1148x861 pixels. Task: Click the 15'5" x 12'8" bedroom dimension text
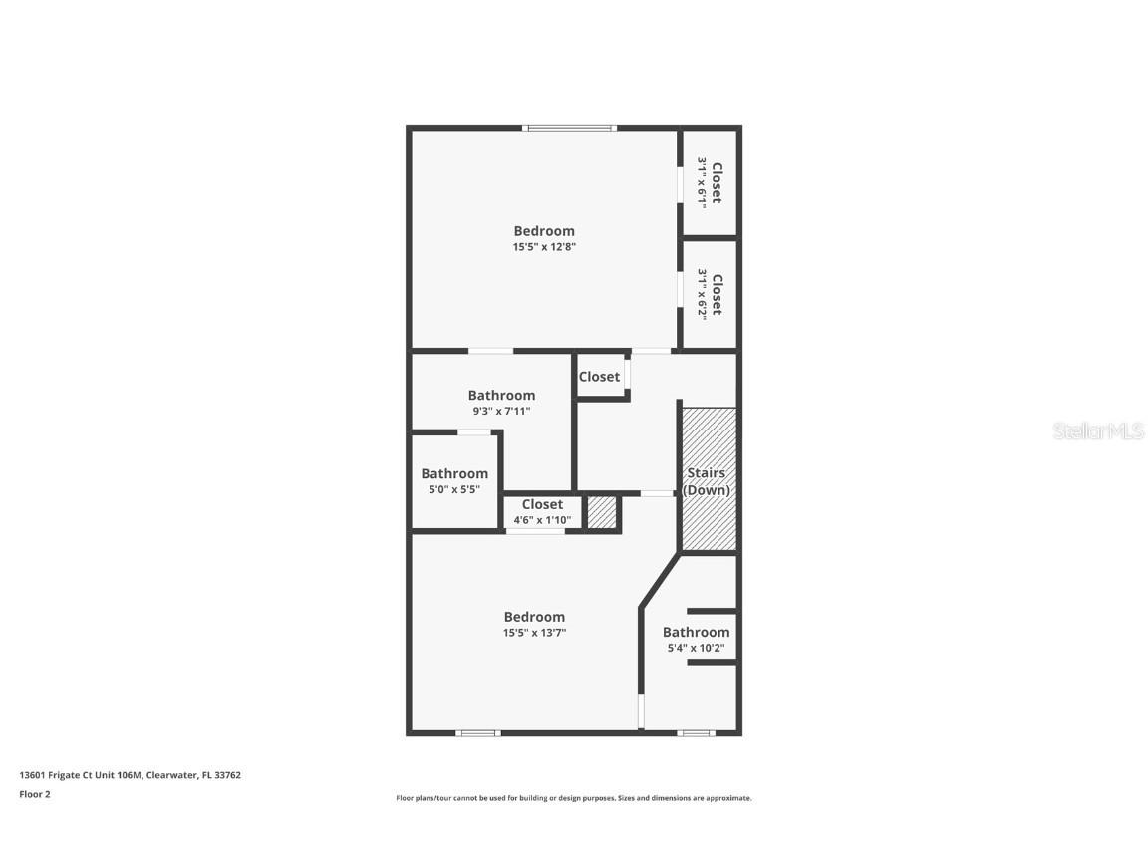pos(544,247)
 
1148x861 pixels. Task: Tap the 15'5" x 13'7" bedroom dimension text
pos(534,633)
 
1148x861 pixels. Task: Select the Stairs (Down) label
pos(707,482)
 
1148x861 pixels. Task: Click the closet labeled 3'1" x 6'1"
pos(709,181)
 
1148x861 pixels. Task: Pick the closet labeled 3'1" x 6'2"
pos(709,293)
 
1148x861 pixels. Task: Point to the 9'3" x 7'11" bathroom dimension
pos(501,411)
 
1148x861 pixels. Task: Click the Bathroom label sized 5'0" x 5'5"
pos(454,474)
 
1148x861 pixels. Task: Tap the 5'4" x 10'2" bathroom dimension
pos(696,649)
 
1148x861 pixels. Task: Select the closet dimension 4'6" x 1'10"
pos(541,520)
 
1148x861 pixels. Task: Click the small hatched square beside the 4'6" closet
pos(601,512)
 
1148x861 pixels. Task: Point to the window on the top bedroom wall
pos(570,128)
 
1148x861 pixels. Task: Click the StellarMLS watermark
pos(1099,431)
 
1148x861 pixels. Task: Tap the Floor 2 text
pos(35,794)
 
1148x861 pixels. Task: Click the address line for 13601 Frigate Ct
pos(130,775)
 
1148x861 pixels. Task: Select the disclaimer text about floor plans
pos(574,798)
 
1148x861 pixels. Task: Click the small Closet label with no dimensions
pos(599,377)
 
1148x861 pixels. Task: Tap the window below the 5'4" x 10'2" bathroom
pos(696,733)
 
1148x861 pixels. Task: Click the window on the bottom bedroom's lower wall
pos(477,733)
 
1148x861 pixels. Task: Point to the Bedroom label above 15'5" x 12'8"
pos(544,231)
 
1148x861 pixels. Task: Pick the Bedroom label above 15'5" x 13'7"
pos(534,617)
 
